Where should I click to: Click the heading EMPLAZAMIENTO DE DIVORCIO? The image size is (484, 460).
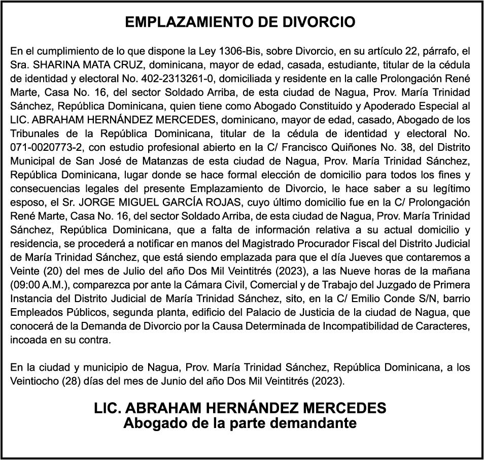point(240,23)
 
